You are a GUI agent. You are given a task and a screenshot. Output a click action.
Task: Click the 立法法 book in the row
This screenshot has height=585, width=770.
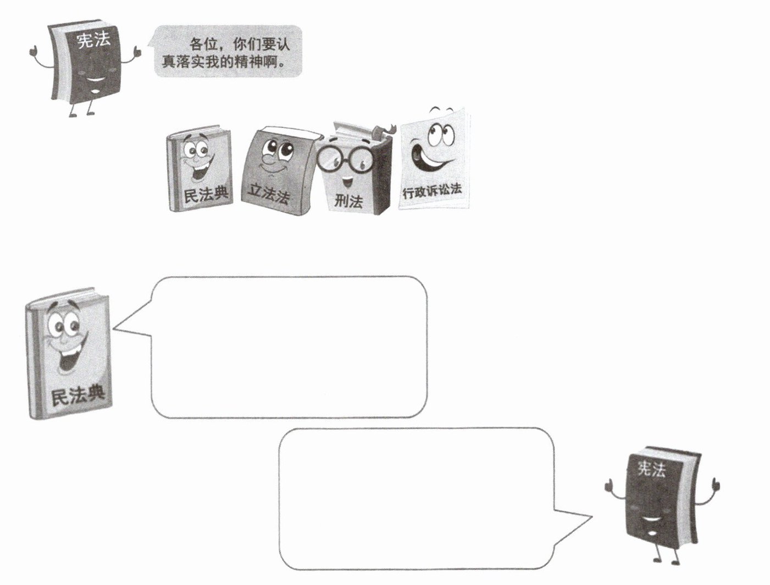(275, 170)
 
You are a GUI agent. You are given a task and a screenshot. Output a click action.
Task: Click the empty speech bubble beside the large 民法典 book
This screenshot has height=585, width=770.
(289, 346)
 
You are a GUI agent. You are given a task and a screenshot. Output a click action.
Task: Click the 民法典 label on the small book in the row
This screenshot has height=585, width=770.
(206, 194)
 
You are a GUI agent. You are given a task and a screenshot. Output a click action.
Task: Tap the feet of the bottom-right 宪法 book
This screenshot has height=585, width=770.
(665, 559)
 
